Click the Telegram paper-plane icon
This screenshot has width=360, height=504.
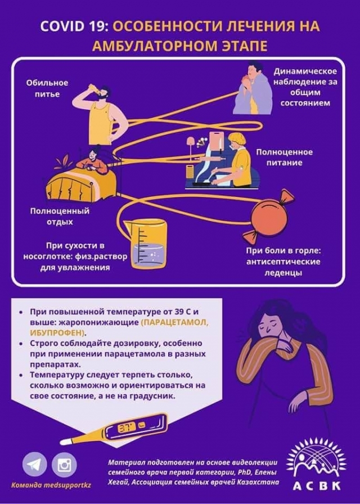(x=34, y=464)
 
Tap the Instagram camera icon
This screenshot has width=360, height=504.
(x=64, y=464)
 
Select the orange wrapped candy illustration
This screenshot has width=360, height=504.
(x=268, y=215)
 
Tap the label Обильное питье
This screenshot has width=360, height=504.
(x=47, y=88)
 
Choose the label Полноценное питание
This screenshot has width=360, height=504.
(x=284, y=157)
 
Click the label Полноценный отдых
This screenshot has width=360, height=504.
(x=60, y=217)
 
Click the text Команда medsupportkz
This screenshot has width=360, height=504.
(x=51, y=485)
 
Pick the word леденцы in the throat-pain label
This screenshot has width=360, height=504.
(x=283, y=273)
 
